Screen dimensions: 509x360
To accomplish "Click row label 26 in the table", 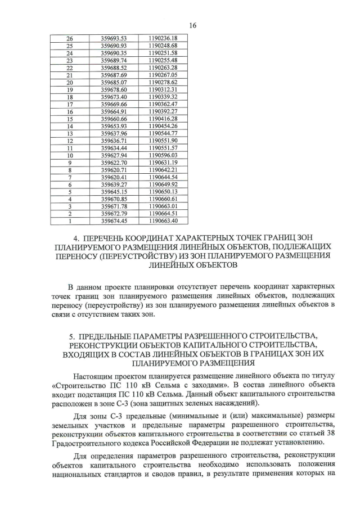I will (x=70, y=38).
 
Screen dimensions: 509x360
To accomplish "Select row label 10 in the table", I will (x=70, y=155).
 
